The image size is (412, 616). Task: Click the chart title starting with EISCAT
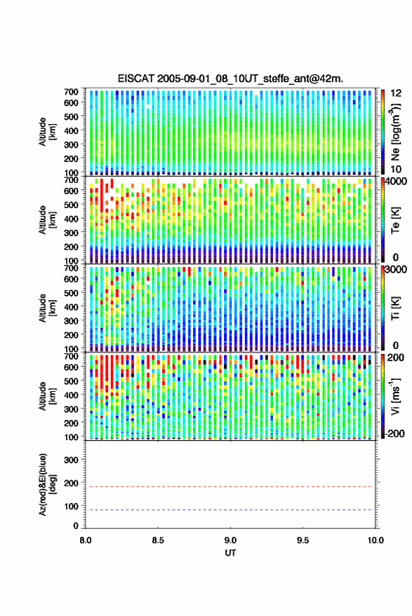[230, 78]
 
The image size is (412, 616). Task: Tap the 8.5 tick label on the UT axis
[158, 540]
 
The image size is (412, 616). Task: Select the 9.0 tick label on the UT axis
[230, 540]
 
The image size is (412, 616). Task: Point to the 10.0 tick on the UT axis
[376, 540]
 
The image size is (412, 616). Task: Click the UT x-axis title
[230, 553]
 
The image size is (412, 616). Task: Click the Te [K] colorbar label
[395, 220]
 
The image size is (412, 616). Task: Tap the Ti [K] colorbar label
[395, 308]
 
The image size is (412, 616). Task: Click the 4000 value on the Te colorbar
[397, 182]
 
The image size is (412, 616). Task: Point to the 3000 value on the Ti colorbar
[397, 270]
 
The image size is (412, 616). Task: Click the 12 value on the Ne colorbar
[396, 93]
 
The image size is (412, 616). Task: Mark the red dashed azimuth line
[229, 486]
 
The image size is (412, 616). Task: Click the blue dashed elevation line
[229, 510]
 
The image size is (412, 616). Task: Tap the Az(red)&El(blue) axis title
[47, 484]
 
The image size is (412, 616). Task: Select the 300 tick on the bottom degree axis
[71, 460]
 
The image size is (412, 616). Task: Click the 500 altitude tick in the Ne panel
[71, 116]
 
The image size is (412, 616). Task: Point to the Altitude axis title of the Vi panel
[47, 396]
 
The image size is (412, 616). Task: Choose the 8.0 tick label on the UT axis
[86, 540]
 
